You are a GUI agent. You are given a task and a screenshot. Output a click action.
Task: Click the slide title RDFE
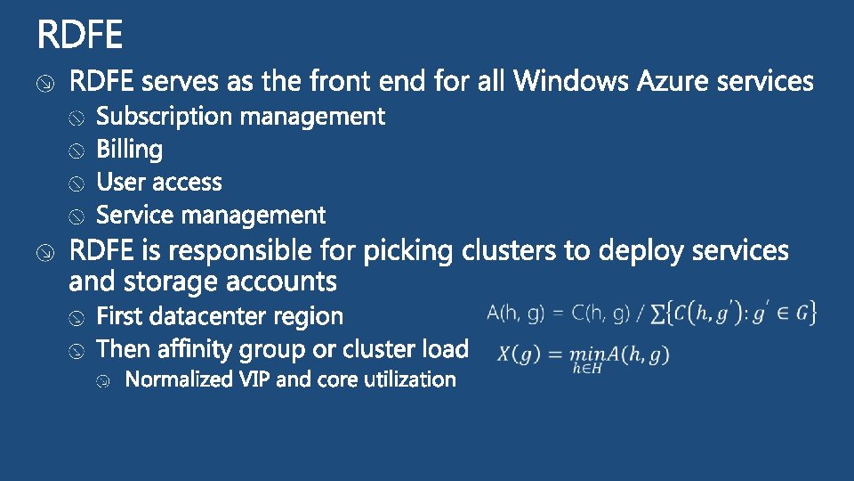(80, 37)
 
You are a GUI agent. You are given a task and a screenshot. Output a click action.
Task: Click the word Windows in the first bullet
(572, 82)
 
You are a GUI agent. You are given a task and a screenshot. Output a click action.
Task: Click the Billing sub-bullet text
(129, 150)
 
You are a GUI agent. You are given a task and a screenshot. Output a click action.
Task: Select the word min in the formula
(585, 355)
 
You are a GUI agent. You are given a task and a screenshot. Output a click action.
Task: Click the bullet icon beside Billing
(78, 151)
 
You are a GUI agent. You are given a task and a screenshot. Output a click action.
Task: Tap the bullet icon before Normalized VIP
(105, 381)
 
